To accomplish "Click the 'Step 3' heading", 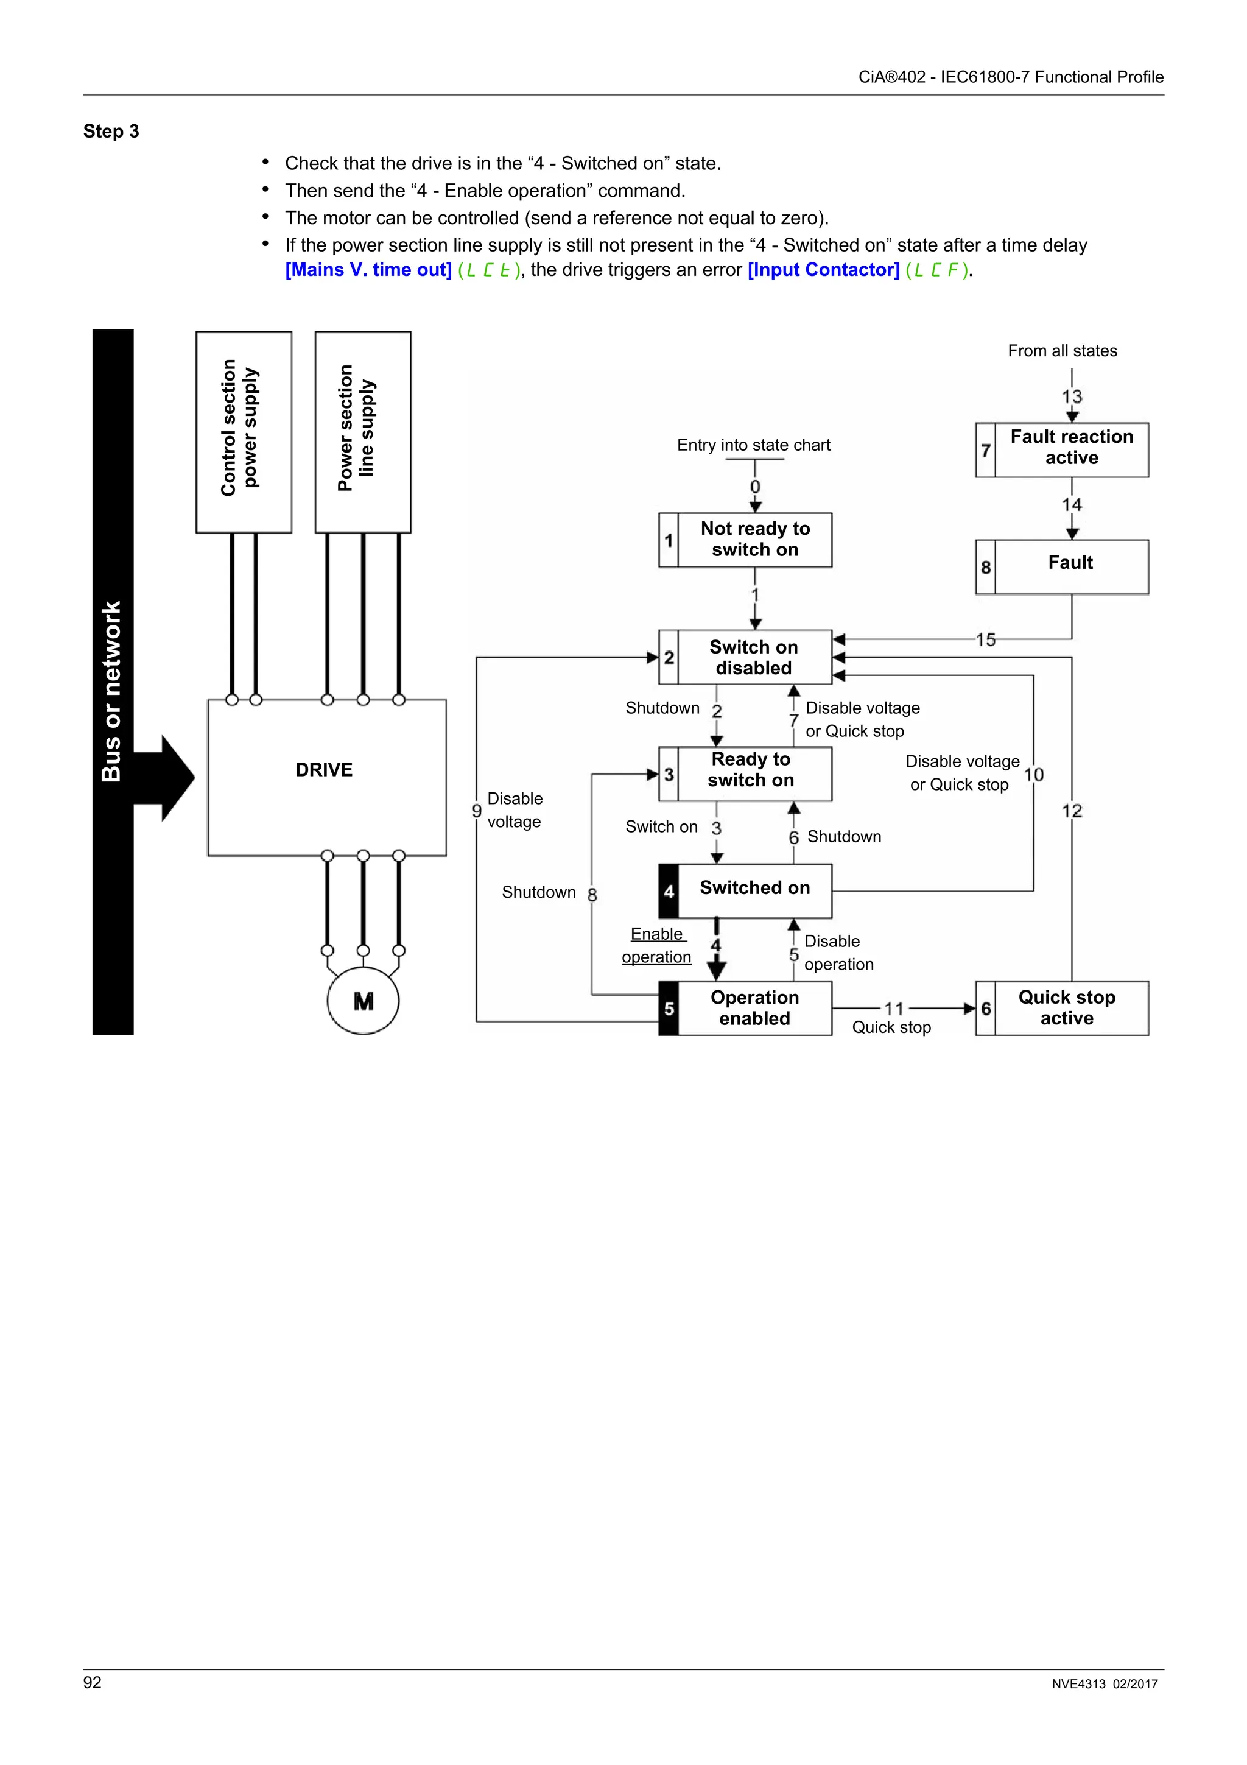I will click(x=111, y=132).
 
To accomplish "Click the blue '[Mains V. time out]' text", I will click(x=368, y=270).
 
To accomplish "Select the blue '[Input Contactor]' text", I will click(x=823, y=270).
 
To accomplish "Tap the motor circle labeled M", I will click(x=363, y=1001).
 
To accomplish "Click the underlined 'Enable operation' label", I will click(x=656, y=945).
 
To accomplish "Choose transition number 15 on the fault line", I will click(x=985, y=639).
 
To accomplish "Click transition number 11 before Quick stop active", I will click(x=894, y=1009).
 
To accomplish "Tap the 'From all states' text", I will click(x=1062, y=351).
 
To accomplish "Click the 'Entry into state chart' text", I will click(x=753, y=445).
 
